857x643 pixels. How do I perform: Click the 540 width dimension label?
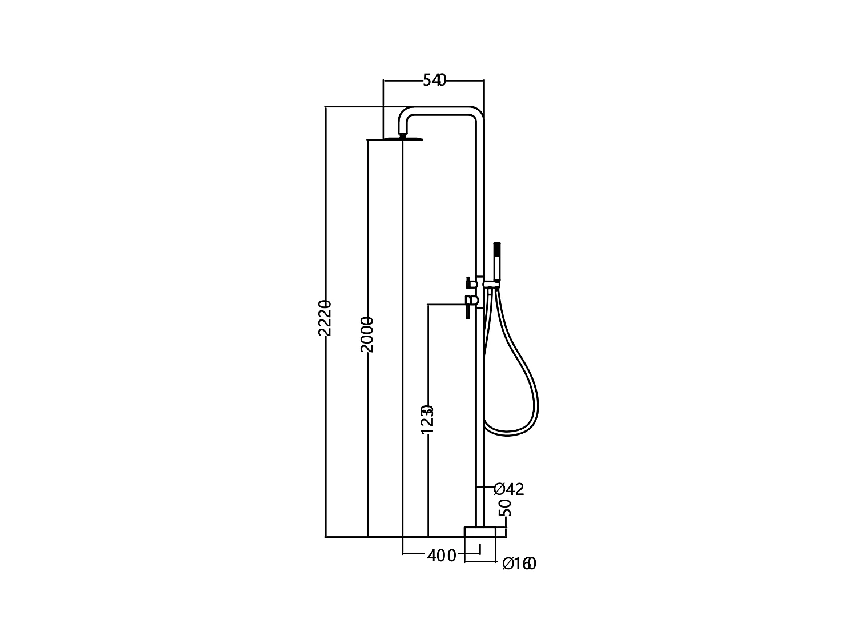pos(434,81)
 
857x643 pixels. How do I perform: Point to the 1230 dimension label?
pos(427,419)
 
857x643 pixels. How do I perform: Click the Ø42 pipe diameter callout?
pos(508,489)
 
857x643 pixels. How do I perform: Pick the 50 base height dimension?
pos(505,507)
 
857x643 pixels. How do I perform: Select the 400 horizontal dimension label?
pos(442,555)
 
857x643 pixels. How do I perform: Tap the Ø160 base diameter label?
pos(519,564)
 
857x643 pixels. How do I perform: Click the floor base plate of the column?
pos(480,532)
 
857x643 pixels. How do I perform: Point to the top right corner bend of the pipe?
pos(478,113)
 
